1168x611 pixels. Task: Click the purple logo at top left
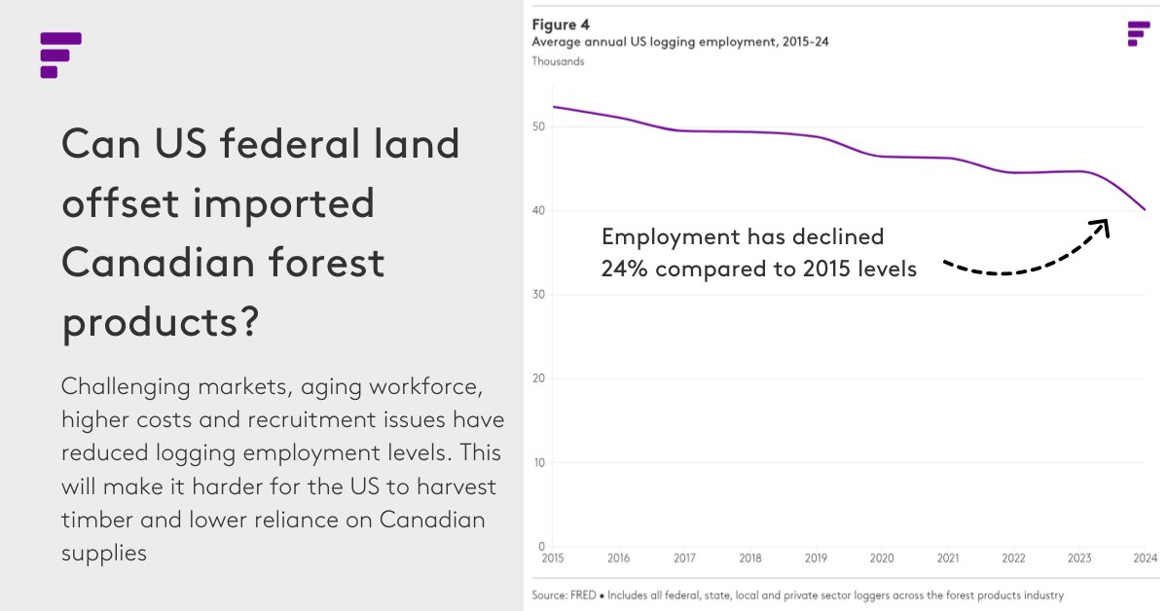coord(59,54)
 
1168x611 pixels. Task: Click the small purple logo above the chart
coord(1137,33)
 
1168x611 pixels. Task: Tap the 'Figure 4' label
coord(561,25)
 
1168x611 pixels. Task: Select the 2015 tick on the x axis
coord(552,558)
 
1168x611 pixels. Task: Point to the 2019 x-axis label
coord(816,558)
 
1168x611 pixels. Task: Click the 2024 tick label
coord(1145,558)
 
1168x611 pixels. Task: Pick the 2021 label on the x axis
coord(947,558)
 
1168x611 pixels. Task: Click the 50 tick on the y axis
coord(538,127)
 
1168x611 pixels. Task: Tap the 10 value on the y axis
coord(538,463)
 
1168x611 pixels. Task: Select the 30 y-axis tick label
coord(538,295)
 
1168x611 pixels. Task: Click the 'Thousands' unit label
coord(558,61)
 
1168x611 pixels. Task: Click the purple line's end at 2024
coord(1146,209)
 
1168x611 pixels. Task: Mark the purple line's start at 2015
coord(553,107)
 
